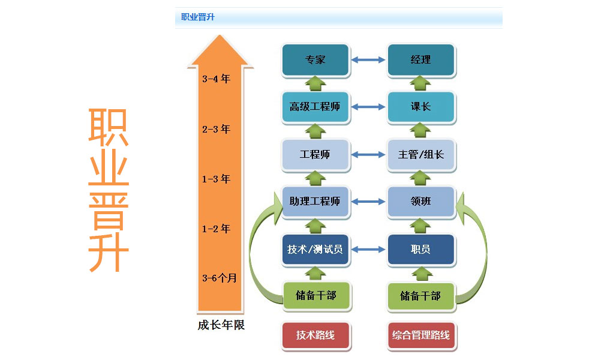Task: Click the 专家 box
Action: (x=315, y=60)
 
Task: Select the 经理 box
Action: (x=420, y=60)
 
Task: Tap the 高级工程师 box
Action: (x=315, y=107)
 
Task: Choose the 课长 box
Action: (x=420, y=107)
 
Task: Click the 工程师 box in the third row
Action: (x=315, y=154)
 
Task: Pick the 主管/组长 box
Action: (x=420, y=154)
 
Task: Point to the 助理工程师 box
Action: (x=315, y=202)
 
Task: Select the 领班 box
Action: (x=420, y=202)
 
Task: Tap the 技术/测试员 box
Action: (x=315, y=249)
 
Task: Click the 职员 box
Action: (x=420, y=249)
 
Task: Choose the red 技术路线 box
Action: (x=315, y=335)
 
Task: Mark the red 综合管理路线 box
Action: (x=420, y=335)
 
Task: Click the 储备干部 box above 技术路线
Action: (x=316, y=295)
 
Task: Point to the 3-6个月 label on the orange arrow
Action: (x=220, y=278)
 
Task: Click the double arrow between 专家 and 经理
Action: (x=368, y=60)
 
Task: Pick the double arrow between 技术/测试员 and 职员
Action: (x=368, y=249)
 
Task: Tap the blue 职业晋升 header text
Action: (x=198, y=17)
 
